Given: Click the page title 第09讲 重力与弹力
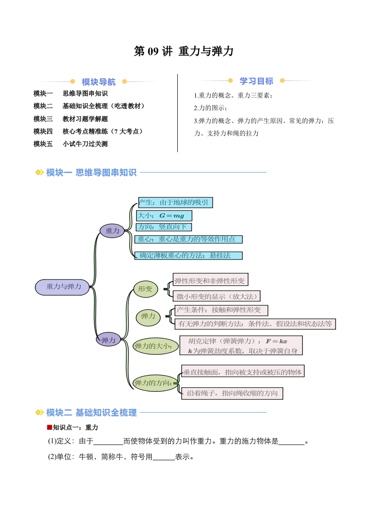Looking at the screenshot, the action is [183, 51].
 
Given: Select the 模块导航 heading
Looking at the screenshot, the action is [99, 82].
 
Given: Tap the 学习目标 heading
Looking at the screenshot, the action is [256, 81].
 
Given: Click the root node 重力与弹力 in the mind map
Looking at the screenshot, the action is [62, 287].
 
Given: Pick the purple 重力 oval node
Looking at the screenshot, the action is [112, 231].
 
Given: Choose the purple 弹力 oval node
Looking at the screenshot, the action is [108, 340].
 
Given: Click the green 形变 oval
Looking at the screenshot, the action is [145, 289].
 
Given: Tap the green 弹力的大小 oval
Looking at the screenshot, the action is [156, 346].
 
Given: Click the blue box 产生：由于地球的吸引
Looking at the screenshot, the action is [175, 203].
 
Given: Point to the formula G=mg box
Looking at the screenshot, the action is [164, 216].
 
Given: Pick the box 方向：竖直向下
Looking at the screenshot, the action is [164, 227].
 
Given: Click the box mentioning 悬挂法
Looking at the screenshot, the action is [188, 255].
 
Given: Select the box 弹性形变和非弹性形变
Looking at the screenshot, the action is [210, 280].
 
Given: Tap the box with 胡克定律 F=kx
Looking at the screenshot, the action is [241, 346].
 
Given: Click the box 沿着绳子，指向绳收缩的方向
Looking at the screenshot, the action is [232, 393].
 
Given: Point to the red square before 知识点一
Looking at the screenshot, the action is [50, 427].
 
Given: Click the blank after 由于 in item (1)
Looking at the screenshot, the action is [108, 442].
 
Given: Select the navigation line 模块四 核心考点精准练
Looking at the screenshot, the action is [88, 131].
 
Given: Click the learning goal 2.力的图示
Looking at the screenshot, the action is [210, 108].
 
